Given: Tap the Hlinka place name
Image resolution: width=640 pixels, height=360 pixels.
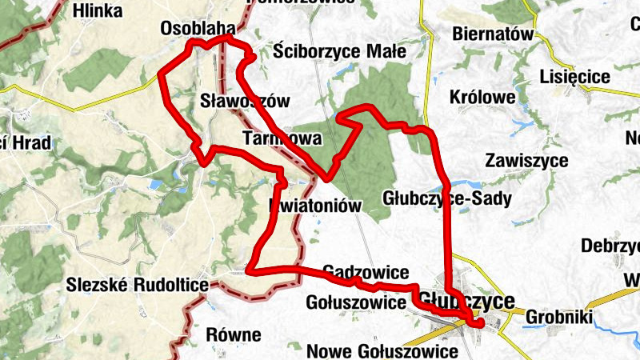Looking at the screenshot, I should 97,10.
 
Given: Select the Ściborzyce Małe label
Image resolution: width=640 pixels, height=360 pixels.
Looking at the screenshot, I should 339,51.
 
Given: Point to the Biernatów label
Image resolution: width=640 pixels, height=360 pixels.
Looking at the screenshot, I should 492,34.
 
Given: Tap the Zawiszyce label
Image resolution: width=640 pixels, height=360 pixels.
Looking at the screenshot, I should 530,159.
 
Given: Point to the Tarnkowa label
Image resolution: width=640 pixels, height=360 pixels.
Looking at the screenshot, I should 281,139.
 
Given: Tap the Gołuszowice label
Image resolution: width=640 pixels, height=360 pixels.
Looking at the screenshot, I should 356,303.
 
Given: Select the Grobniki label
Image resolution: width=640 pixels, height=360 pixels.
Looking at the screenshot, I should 559,318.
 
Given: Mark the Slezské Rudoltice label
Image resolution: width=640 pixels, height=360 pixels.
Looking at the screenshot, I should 138,285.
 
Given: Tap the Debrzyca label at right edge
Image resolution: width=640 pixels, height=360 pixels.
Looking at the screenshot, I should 611,244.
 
